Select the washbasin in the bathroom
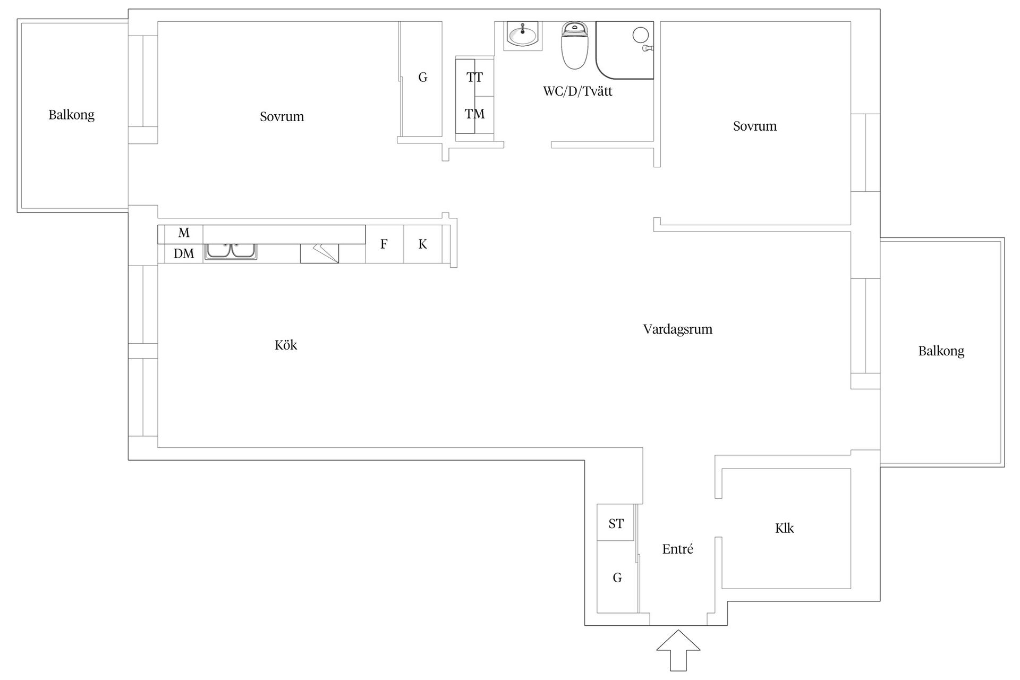(x=522, y=35)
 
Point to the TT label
(x=474, y=78)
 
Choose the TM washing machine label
(x=474, y=114)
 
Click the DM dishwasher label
(x=184, y=254)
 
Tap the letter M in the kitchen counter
(x=184, y=233)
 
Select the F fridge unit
(x=384, y=244)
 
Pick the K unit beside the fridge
(x=423, y=244)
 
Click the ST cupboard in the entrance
(x=616, y=523)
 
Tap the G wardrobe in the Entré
(x=617, y=577)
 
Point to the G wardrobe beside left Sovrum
(x=422, y=78)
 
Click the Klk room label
(x=785, y=528)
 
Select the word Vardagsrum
(x=678, y=329)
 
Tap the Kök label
(x=286, y=345)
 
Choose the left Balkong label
(x=72, y=115)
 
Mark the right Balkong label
(x=941, y=351)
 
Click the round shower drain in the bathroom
(x=641, y=35)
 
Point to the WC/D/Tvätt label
(x=577, y=91)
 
